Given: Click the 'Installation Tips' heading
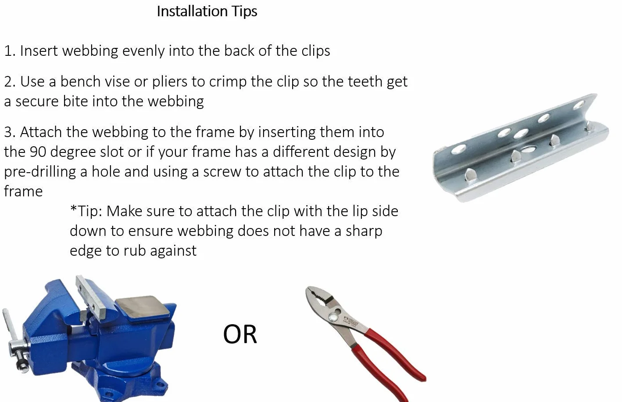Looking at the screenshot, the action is pyautogui.click(x=207, y=12).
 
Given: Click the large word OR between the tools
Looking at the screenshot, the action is pyautogui.click(x=240, y=334).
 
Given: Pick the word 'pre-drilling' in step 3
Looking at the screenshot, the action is pyautogui.click(x=40, y=172).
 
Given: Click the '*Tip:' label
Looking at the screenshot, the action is pyautogui.click(x=86, y=211).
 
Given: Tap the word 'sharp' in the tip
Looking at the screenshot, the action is pyautogui.click(x=364, y=232).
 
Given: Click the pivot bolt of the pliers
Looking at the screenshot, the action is pyautogui.click(x=333, y=317).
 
